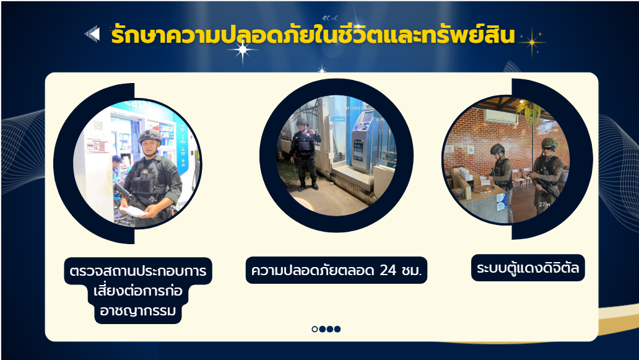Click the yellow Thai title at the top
coord(313,34)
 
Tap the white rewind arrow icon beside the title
coord(92,34)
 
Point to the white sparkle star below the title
coord(243,51)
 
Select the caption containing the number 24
coord(336,270)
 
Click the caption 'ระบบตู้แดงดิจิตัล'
coord(528,268)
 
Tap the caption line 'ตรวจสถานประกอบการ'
coord(137,271)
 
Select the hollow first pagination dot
coord(315,329)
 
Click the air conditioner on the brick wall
coord(500,116)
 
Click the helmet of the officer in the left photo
coord(150,135)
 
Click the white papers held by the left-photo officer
coord(133,211)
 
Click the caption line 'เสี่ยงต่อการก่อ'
coord(137,291)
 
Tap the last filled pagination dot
coord(337,329)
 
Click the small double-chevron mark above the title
coord(329,18)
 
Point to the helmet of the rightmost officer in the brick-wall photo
coord(549,143)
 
